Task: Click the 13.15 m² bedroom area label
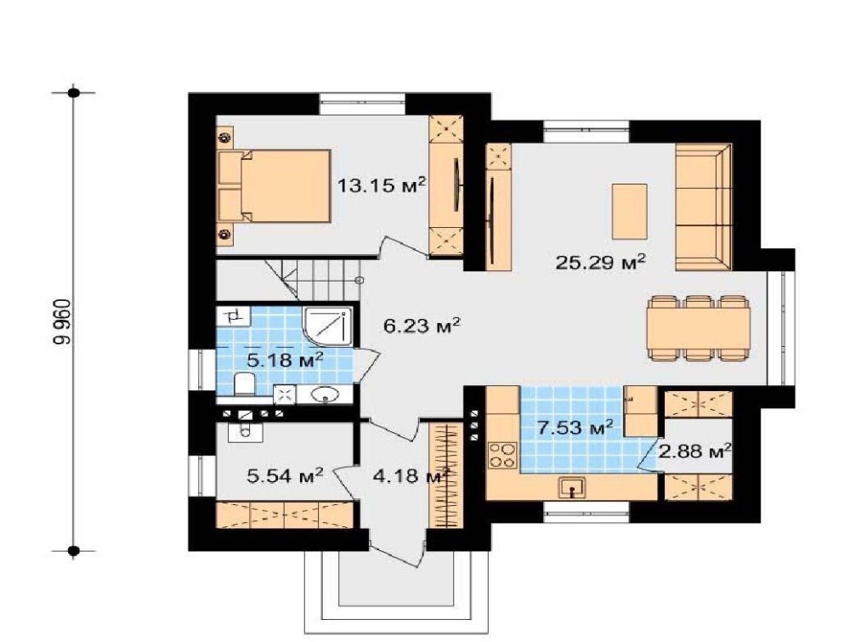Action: point(381,185)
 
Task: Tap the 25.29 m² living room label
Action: point(601,262)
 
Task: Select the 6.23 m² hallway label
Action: point(422,326)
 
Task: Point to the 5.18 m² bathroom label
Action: point(285,359)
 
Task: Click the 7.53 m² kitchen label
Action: point(575,427)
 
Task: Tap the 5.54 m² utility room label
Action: point(285,475)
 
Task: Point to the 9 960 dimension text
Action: point(62,321)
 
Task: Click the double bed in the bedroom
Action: point(274,186)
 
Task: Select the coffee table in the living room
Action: point(629,212)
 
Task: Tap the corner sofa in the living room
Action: point(704,207)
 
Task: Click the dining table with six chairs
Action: point(699,327)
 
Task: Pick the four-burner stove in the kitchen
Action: point(502,455)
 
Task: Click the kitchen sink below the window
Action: point(572,488)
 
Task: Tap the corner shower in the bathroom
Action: point(327,327)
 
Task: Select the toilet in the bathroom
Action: point(245,383)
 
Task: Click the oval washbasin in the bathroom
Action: point(326,395)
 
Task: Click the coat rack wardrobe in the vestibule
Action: point(446,475)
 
